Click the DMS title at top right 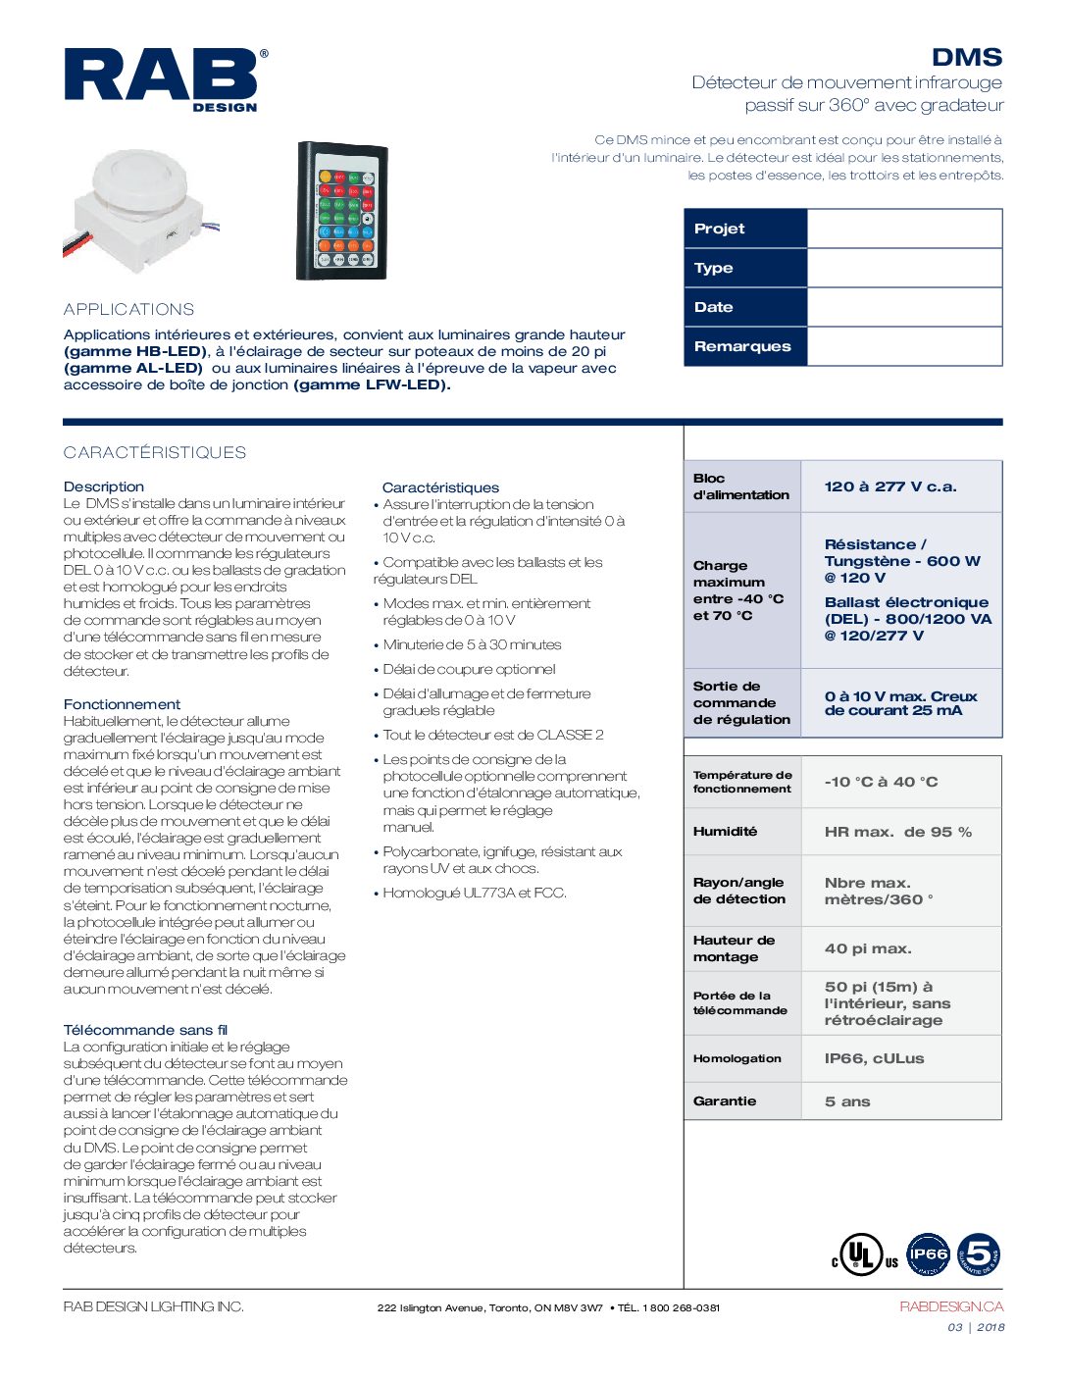click(966, 58)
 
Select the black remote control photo click(342, 211)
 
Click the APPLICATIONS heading click(128, 309)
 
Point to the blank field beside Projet click(903, 229)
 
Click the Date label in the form click(714, 307)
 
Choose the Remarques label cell click(742, 346)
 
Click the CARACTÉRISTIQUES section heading click(155, 452)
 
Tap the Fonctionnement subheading click(122, 704)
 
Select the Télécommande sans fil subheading click(145, 1030)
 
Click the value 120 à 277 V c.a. click(890, 486)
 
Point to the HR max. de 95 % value click(897, 832)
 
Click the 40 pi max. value click(868, 948)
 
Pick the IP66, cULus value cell click(874, 1058)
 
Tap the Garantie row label click(725, 1100)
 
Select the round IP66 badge click(928, 1253)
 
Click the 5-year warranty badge click(978, 1253)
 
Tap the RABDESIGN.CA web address click(951, 1306)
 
